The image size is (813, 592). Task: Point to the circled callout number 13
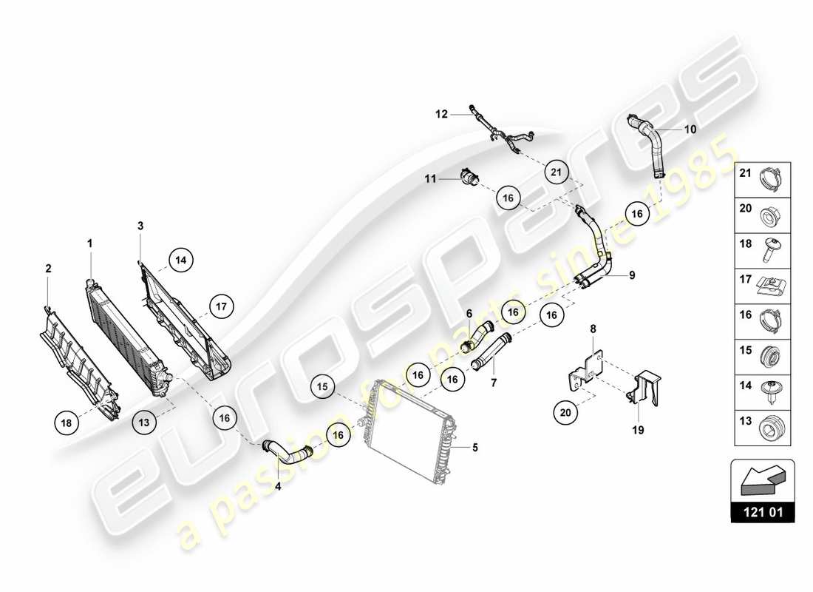(x=143, y=422)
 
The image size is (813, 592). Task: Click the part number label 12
(x=441, y=114)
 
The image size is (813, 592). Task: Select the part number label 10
(x=690, y=129)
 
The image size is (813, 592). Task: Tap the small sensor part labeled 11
(x=467, y=176)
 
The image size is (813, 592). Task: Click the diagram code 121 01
(x=763, y=511)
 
